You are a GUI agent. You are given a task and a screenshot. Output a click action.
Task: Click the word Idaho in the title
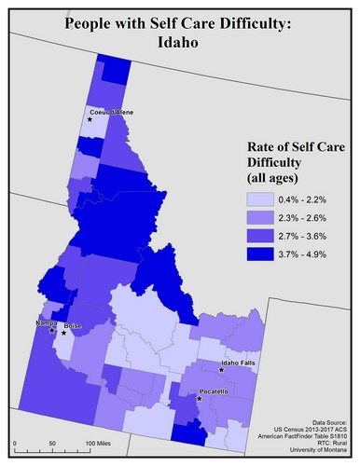(x=179, y=43)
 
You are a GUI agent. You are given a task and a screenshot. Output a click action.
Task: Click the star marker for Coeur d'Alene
(x=90, y=119)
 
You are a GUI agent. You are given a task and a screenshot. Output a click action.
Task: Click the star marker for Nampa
(x=51, y=330)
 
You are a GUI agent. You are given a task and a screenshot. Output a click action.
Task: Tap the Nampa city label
(x=47, y=322)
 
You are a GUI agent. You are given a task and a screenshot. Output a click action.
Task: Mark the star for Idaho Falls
(x=222, y=370)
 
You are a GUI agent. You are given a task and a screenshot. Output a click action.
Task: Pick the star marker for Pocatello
(x=199, y=400)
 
